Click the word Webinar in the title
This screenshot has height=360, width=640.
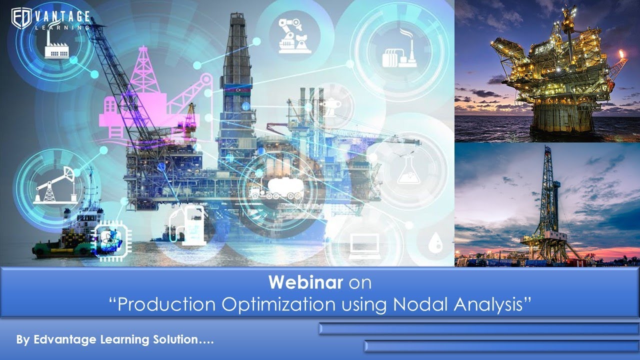(x=305, y=282)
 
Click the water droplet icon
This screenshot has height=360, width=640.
(x=433, y=243)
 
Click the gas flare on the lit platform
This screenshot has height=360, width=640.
(x=621, y=53)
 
